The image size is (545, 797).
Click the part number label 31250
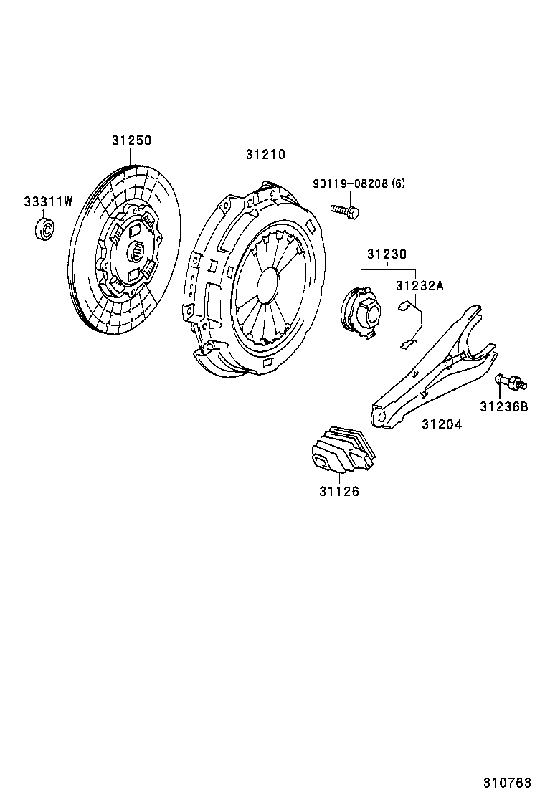tap(131, 141)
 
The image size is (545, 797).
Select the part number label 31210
tap(265, 154)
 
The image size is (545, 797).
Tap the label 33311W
tap(48, 202)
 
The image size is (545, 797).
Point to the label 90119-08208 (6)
tap(359, 183)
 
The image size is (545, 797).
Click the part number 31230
tap(387, 254)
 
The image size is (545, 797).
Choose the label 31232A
tap(420, 285)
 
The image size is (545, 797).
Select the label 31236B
tap(503, 406)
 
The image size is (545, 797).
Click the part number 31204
tap(441, 424)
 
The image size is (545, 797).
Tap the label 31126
tap(339, 492)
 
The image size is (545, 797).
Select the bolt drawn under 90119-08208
tap(345, 209)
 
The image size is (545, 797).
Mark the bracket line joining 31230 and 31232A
tap(387, 268)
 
